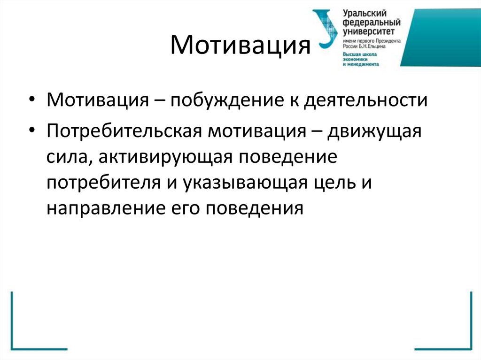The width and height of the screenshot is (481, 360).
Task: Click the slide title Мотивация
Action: [x=240, y=46]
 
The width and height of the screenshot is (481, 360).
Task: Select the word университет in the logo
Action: [x=369, y=31]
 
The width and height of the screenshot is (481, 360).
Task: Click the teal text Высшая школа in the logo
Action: [x=360, y=54]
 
